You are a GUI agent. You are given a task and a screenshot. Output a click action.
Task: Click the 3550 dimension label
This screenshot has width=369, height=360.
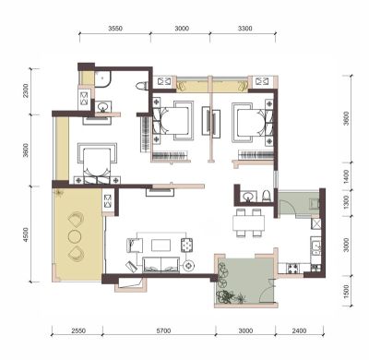115,29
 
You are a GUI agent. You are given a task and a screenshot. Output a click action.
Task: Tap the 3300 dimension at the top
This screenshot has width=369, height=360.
245,29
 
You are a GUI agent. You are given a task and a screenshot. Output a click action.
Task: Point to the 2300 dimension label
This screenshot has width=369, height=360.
26,90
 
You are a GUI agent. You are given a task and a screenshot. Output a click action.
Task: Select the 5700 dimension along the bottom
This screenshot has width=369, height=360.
163,331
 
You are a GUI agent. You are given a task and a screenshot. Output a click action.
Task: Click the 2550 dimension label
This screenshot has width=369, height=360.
78,331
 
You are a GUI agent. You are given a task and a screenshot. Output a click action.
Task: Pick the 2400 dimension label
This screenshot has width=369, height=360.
299,331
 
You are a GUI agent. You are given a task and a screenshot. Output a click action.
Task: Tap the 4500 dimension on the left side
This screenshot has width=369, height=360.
26,234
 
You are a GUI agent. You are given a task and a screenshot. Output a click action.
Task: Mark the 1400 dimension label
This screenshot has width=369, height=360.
346,176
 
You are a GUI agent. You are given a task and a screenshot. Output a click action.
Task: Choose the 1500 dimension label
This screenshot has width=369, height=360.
346,292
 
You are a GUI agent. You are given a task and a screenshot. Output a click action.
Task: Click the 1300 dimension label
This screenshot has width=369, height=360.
346,202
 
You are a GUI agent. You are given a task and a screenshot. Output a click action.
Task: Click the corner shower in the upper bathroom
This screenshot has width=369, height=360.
102,79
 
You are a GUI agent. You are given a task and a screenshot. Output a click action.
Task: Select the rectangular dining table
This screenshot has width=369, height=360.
248,222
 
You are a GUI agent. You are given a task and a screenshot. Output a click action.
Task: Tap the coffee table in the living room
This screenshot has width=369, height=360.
161,246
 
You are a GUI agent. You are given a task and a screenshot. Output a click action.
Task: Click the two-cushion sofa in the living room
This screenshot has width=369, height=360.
161,265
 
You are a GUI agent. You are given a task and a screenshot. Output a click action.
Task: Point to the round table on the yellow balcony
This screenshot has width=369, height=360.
75,236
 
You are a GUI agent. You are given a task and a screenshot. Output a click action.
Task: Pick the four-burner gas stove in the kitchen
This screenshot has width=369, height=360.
292,269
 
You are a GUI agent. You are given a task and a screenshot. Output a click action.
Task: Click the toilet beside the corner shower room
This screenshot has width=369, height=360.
141,85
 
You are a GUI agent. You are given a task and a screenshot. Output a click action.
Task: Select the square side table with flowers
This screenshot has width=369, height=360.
186,246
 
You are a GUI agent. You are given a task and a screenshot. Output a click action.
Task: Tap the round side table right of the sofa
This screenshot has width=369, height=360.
188,265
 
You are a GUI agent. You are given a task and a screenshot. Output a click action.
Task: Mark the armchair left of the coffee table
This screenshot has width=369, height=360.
135,246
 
